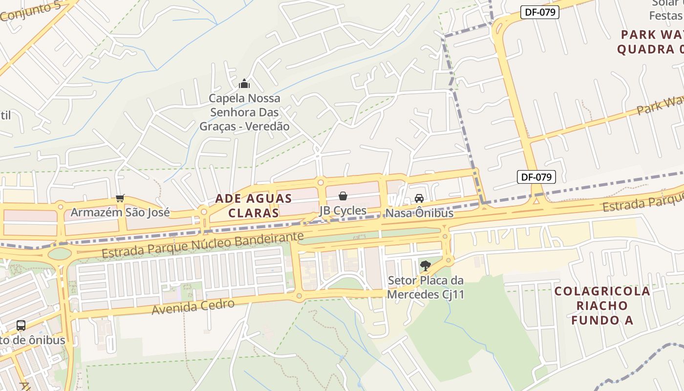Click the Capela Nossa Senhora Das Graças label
tap(244, 112)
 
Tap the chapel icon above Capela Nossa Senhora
tap(244, 84)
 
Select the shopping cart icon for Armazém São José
tap(120, 198)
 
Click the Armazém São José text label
tap(120, 212)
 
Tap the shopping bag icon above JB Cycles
tap(343, 196)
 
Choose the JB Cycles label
tap(343, 211)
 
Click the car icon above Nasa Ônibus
tap(419, 198)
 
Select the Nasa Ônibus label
tap(419, 213)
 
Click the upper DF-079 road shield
tap(539, 12)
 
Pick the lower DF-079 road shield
tap(536, 177)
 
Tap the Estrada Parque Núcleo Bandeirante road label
tap(203, 245)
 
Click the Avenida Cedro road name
tap(193, 306)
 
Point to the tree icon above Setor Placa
tap(426, 266)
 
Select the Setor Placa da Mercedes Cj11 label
tap(426, 287)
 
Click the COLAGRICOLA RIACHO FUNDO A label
tap(602, 305)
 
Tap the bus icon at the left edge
tap(21, 326)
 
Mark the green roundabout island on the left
tap(60, 254)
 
